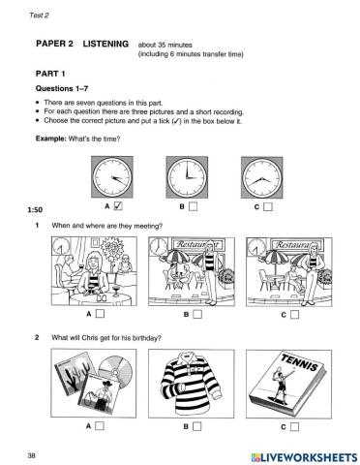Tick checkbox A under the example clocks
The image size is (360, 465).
tap(118, 206)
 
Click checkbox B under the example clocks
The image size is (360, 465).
tap(193, 206)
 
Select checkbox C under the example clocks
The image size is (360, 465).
tap(268, 206)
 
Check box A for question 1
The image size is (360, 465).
tap(100, 314)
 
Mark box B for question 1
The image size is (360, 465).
tap(197, 314)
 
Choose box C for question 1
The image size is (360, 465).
tap(294, 315)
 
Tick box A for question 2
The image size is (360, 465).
tap(100, 426)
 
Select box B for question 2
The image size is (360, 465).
tap(196, 426)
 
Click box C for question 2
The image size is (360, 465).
tap(294, 427)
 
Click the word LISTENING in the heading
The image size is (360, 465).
tap(105, 44)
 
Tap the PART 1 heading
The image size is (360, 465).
tap(50, 74)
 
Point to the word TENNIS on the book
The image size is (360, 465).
tap(299, 362)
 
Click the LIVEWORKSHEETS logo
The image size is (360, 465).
tap(304, 457)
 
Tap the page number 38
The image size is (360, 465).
tap(31, 455)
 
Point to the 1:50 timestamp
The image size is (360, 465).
tap(35, 210)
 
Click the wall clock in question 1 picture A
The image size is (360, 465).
tap(61, 246)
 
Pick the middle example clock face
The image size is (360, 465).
tap(187, 177)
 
